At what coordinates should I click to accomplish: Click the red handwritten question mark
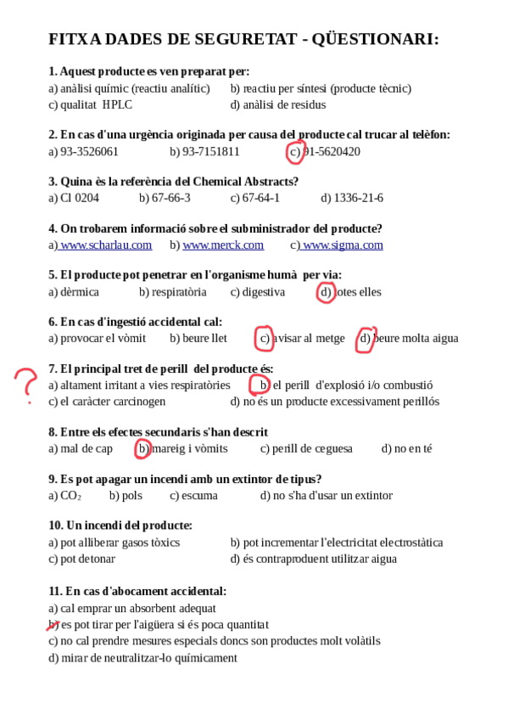[x=26, y=384]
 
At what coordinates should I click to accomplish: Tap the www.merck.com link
[x=223, y=245]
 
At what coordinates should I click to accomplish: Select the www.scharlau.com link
[x=105, y=245]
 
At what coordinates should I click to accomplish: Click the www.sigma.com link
[x=342, y=245]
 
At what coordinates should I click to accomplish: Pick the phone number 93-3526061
[x=89, y=152]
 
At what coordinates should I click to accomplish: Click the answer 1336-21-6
[x=358, y=199]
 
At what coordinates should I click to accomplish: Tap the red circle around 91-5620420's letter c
[x=294, y=152]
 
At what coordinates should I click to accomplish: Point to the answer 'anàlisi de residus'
[x=283, y=105]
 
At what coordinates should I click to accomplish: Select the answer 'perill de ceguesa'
[x=312, y=449]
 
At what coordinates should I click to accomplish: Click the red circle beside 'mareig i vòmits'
[x=143, y=448]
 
